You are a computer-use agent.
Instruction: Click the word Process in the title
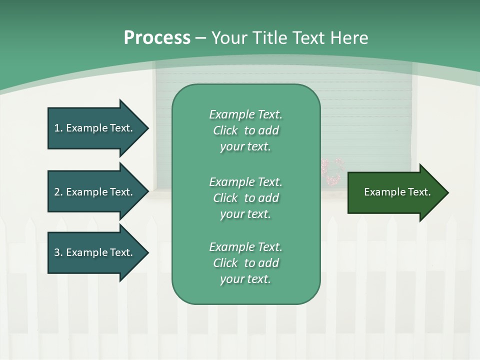tap(157, 38)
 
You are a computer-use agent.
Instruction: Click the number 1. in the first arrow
tap(58, 128)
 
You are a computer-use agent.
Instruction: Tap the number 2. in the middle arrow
tap(58, 192)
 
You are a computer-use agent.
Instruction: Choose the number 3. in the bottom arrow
tap(58, 252)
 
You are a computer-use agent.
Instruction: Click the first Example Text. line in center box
tap(245, 114)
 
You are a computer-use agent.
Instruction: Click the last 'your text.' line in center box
tap(245, 279)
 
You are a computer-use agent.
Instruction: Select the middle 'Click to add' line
tap(245, 198)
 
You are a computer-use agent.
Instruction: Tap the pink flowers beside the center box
tap(331, 171)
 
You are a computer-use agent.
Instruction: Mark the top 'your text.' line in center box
tap(245, 146)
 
